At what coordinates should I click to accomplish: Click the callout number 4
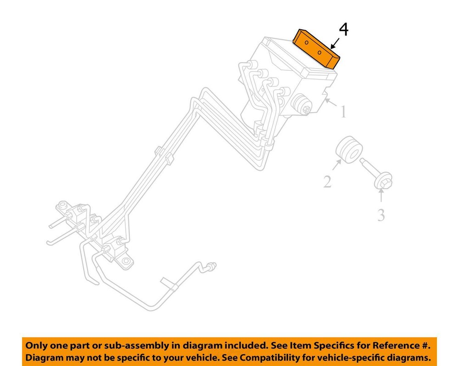[344, 30]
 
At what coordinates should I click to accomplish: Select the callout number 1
[343, 112]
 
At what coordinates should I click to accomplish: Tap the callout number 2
[327, 182]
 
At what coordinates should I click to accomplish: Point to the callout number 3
[381, 215]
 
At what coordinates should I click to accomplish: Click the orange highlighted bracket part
[317, 49]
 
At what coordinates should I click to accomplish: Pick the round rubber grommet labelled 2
[349, 150]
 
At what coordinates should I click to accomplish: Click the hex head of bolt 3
[383, 181]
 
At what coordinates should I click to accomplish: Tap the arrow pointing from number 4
[335, 43]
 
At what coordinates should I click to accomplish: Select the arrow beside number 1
[330, 102]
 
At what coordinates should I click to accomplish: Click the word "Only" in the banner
[36, 345]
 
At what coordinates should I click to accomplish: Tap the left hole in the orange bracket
[307, 43]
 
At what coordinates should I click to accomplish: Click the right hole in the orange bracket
[319, 52]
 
